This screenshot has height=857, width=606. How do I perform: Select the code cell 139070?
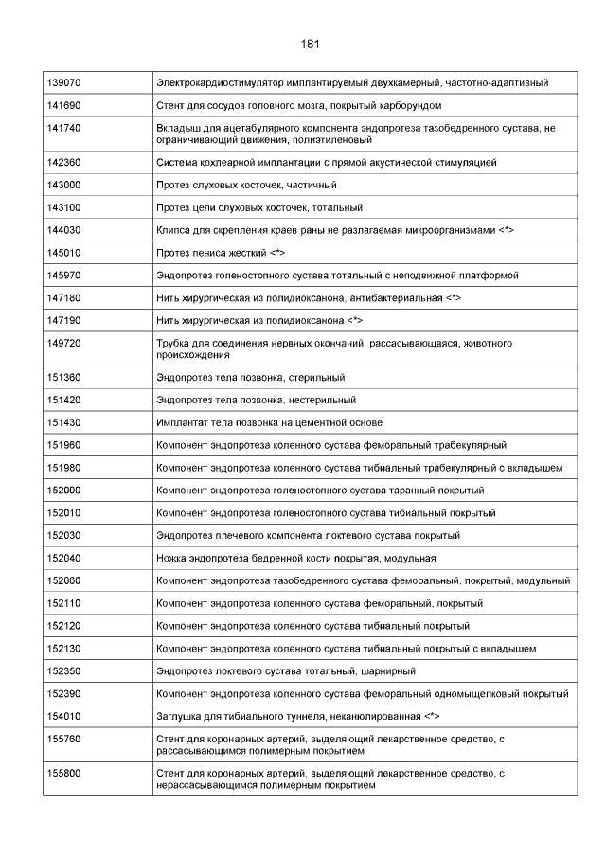click(63, 83)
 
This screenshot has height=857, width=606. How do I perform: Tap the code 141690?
click(63, 105)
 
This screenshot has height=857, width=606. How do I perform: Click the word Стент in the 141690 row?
click(171, 105)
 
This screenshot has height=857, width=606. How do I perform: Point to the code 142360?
click(63, 163)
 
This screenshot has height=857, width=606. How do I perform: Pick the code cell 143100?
click(63, 207)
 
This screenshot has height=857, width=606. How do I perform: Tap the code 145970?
click(63, 276)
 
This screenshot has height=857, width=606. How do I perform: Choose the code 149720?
click(63, 343)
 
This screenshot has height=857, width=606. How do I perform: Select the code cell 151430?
click(63, 422)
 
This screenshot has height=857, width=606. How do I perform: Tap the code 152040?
click(63, 559)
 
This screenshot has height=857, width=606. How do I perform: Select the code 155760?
click(63, 740)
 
